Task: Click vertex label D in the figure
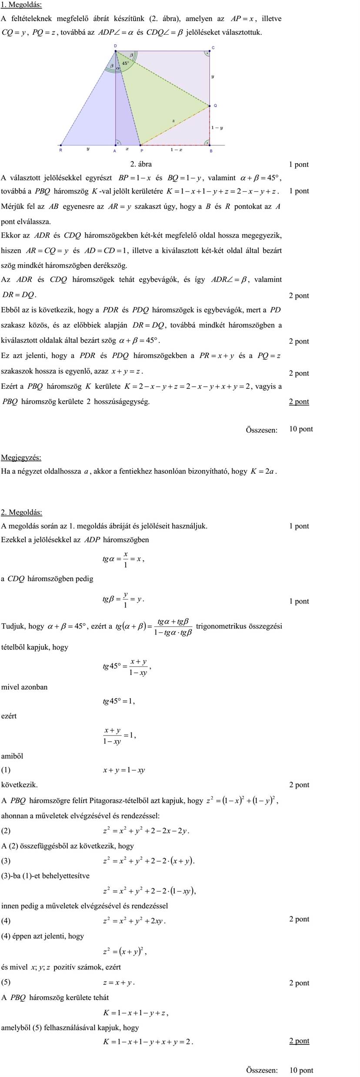coord(115,46)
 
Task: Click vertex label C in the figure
coord(213,47)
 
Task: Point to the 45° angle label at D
coord(125,63)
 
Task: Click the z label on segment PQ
coord(173,120)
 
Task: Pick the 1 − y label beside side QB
coord(217,128)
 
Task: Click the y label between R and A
coord(88,149)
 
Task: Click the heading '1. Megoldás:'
coord(21,5)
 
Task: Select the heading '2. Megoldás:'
coord(21,512)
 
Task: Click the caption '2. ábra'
coord(141,164)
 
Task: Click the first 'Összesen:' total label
coord(261,430)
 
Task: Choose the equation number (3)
coord(6,860)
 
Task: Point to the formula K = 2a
coord(263,471)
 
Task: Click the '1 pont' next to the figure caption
coord(299,164)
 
